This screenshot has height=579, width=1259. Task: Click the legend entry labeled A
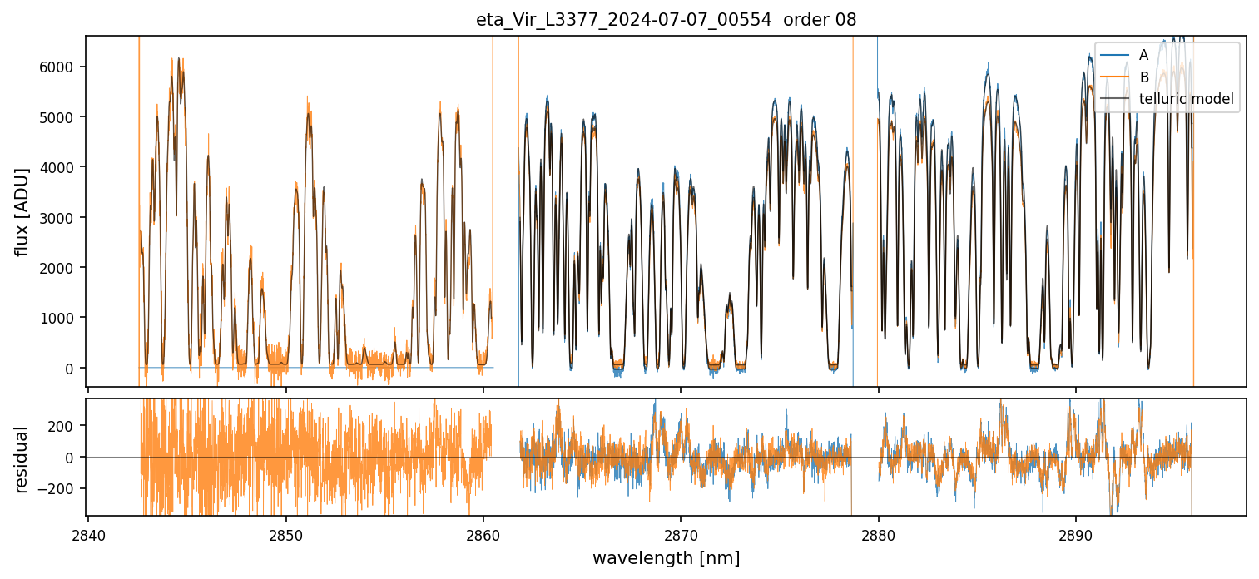click(1143, 55)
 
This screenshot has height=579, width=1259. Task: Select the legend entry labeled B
click(1143, 77)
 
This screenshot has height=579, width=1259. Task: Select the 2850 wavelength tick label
click(285, 534)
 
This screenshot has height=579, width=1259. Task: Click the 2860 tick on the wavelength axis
click(483, 534)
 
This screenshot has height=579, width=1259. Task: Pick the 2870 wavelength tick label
click(681, 534)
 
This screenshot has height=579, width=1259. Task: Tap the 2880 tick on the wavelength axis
click(878, 534)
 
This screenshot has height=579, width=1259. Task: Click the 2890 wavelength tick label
click(1075, 534)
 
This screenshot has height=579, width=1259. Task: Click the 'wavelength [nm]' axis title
click(666, 557)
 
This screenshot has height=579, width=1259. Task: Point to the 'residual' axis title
click(22, 458)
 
